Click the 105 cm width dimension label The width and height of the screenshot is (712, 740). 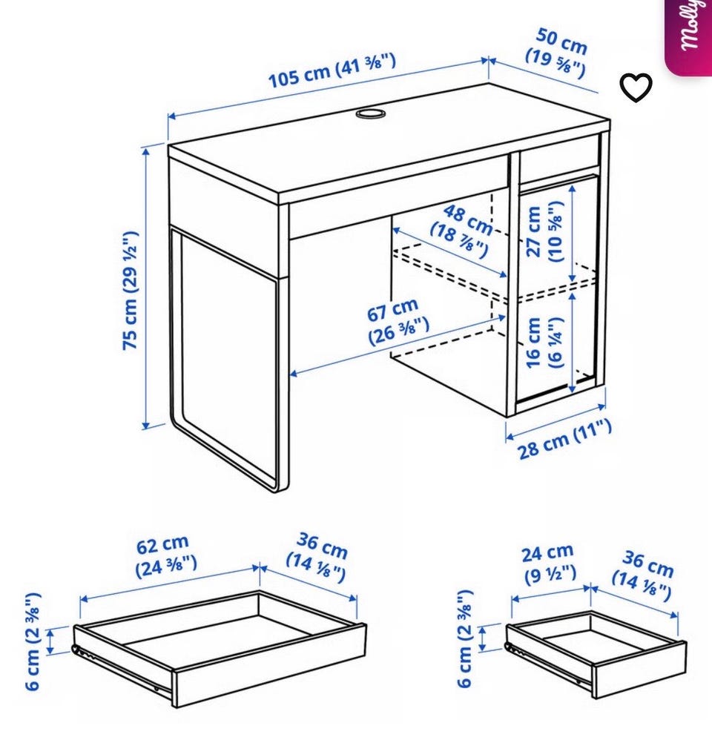pyautogui.click(x=332, y=71)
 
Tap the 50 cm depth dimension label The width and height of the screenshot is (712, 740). pyautogui.click(x=558, y=53)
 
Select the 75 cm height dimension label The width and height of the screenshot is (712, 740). pyautogui.click(x=130, y=290)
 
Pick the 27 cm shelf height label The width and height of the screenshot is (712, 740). pyautogui.click(x=544, y=231)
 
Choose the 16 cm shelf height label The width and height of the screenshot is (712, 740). pyautogui.click(x=544, y=342)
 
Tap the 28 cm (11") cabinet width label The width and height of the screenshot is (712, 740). pyautogui.click(x=564, y=439)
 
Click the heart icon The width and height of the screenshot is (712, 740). pyautogui.click(x=636, y=87)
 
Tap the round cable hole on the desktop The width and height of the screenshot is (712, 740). pyautogui.click(x=370, y=113)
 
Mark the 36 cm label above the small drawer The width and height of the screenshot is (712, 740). pyautogui.click(x=644, y=575)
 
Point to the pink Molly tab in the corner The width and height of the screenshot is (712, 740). pyautogui.click(x=688, y=36)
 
